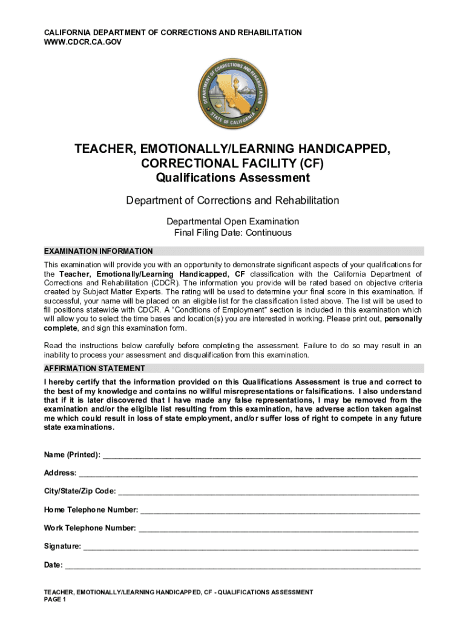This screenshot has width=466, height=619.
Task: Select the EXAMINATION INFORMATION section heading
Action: point(98,251)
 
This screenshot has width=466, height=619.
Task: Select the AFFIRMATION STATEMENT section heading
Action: point(94,368)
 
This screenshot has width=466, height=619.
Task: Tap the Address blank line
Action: point(248,473)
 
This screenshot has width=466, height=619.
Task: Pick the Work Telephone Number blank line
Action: point(278,528)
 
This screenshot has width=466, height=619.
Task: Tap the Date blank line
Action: point(242,566)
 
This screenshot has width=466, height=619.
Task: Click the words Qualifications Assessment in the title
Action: point(232,178)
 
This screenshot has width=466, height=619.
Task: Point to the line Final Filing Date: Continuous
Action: point(232,233)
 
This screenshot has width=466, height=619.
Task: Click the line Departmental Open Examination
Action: point(232,221)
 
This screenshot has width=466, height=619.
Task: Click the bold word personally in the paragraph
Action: point(403,319)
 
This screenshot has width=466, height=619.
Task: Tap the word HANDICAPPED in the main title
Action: point(344,149)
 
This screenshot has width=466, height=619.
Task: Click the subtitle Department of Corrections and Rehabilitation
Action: point(232,200)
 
